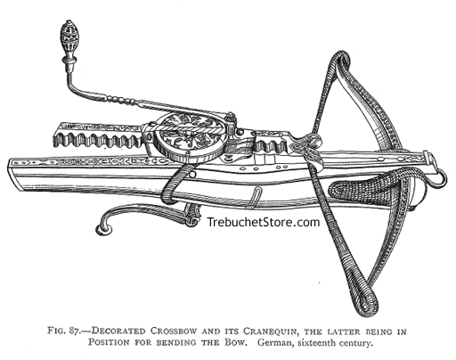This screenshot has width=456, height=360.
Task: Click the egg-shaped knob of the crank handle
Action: [69, 37]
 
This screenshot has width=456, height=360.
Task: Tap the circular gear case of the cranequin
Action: [190, 138]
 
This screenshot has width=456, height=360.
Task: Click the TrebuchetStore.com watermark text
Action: [263, 222]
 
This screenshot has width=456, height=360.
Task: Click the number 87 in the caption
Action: [75, 331]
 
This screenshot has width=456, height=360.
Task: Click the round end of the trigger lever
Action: [104, 229]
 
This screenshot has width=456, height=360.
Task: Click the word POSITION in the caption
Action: [109, 342]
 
